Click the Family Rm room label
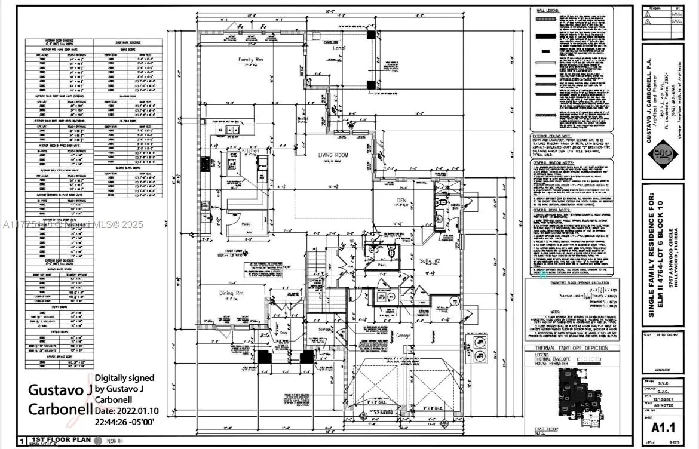pos(252,60)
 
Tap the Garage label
pos(404,336)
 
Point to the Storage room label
pos(325,330)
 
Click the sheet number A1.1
pos(663,428)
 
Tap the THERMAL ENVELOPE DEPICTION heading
pos(571,348)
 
